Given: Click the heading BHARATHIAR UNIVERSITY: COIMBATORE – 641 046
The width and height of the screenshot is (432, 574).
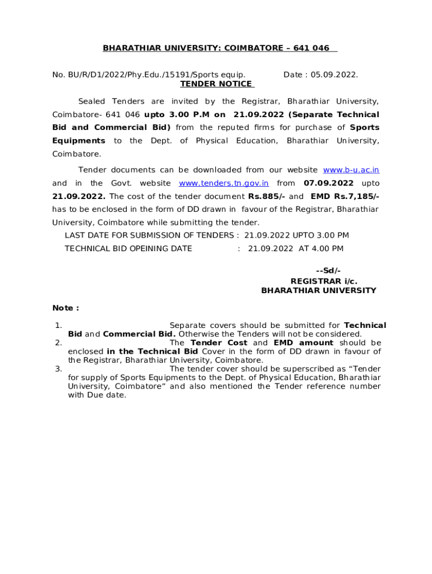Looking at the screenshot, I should (216, 48).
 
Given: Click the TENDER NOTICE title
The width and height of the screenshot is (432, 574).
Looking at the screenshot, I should (216, 84).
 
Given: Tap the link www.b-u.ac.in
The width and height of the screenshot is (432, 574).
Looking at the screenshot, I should (351, 170).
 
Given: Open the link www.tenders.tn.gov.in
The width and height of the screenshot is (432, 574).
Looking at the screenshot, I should (224, 183).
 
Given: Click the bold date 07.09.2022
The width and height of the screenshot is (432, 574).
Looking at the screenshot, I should (328, 183).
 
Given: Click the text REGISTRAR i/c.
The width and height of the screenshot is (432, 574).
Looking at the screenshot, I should (324, 281).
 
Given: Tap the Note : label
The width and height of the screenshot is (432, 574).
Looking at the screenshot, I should (66, 308).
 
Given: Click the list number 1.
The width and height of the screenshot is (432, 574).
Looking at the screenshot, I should (58, 326).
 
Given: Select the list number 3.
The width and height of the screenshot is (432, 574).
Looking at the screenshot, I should (58, 369).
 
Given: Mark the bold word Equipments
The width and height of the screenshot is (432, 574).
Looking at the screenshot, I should (79, 141).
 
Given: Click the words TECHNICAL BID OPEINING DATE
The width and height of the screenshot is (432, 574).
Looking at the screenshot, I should (128, 249).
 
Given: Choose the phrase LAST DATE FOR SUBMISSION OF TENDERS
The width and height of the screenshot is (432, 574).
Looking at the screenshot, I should (149, 235).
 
